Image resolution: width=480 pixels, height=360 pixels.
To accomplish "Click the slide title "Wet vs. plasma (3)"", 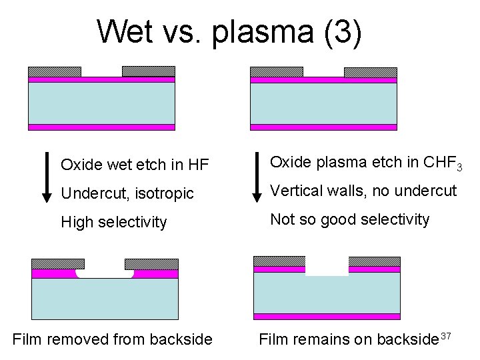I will [x=229, y=31].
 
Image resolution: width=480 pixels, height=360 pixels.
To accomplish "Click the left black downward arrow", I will [x=47, y=177].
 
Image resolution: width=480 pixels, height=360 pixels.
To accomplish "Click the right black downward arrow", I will [x=257, y=177].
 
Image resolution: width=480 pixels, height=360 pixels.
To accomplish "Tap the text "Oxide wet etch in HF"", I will [x=125, y=164].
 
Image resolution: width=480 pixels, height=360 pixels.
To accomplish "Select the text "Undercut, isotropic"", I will [x=127, y=193].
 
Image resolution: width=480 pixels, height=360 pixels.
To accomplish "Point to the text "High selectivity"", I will [x=113, y=222].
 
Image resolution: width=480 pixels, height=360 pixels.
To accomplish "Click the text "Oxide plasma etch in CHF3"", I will [x=366, y=162].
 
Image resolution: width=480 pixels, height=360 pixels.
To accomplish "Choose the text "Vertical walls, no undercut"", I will [x=363, y=191].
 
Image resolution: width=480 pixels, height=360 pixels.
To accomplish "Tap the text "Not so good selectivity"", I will [x=349, y=219].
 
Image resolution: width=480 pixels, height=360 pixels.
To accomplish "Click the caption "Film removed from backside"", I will [x=112, y=339].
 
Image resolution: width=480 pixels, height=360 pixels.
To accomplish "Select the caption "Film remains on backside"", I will [x=349, y=339].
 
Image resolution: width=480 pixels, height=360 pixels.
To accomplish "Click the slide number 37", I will [x=447, y=335].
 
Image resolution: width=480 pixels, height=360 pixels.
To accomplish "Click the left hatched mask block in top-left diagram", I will [x=55, y=71].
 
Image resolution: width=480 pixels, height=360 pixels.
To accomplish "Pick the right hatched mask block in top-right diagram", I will [x=370, y=72].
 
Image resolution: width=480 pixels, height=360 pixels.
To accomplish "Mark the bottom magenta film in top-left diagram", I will [x=101, y=127].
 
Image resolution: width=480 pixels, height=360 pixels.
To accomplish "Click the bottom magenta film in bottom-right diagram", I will [x=327, y=317].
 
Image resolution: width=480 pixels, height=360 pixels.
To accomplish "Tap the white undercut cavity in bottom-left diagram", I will [x=105, y=273].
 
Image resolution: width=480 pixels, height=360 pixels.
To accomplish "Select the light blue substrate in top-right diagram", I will [x=323, y=103].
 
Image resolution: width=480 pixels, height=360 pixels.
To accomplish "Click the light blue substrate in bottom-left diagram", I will [x=105, y=298].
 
